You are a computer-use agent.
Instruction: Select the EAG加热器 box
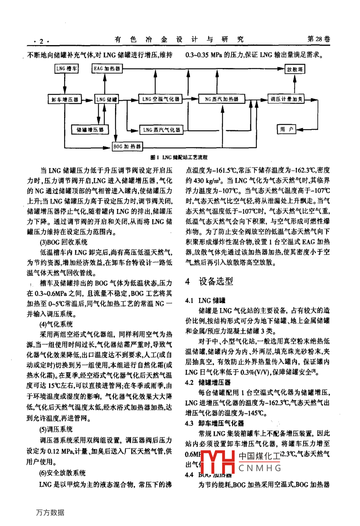(x=107, y=69)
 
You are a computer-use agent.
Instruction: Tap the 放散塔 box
(x=295, y=69)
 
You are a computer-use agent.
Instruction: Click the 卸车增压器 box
(x=65, y=99)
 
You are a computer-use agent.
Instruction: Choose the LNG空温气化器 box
(x=161, y=99)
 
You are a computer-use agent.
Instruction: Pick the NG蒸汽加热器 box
(x=221, y=99)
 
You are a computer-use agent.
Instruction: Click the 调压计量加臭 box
(x=286, y=99)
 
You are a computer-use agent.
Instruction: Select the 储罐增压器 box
(x=90, y=130)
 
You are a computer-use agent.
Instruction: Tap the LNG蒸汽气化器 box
(x=161, y=130)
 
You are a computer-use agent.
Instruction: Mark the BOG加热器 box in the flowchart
(x=127, y=147)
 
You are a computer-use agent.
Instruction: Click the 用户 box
(x=286, y=129)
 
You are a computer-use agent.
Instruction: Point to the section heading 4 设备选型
(x=209, y=281)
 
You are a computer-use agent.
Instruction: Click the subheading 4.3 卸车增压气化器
(x=215, y=423)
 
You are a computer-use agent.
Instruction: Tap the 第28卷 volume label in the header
(x=319, y=39)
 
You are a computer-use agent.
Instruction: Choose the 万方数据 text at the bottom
(x=50, y=512)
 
